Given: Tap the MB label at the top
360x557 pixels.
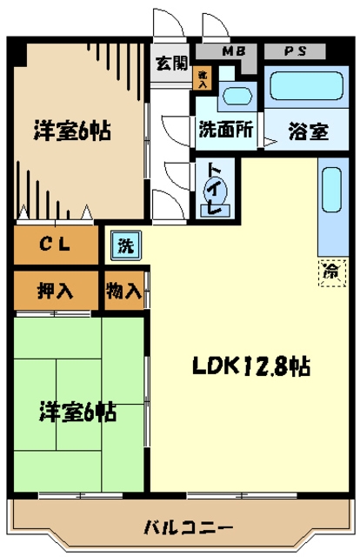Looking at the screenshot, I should (x=232, y=51).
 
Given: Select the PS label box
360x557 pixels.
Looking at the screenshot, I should (x=293, y=51).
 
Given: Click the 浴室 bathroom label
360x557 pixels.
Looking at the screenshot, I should (x=308, y=132).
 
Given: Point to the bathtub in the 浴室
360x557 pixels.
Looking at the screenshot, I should (x=304, y=87).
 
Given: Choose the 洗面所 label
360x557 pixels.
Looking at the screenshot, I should (x=225, y=131).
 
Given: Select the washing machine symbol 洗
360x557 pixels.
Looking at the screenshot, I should (x=126, y=245).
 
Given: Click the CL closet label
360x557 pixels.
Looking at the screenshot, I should (x=56, y=244).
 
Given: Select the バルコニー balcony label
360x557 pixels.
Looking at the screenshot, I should (x=188, y=527).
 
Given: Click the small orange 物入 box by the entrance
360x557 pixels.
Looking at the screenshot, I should (x=203, y=78).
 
